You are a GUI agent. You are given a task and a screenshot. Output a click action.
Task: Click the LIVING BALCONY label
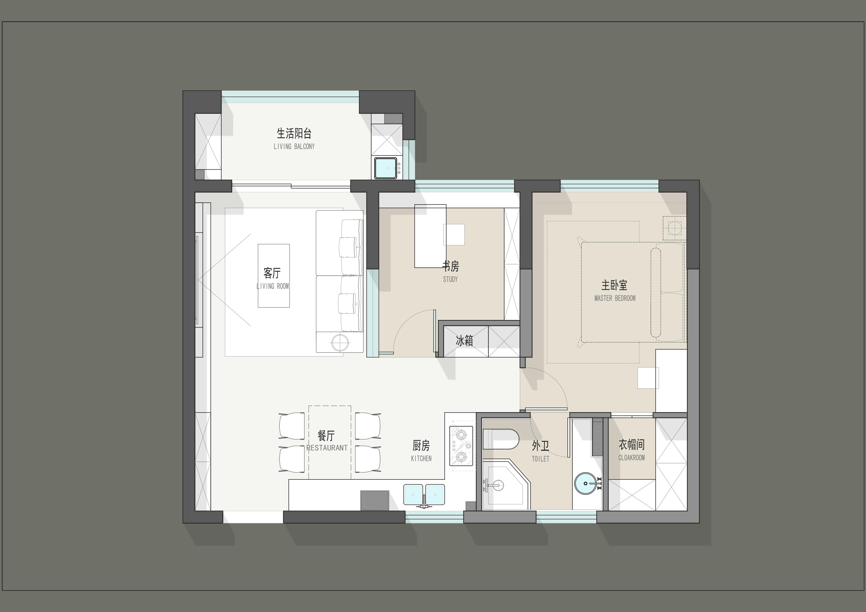(x=294, y=146)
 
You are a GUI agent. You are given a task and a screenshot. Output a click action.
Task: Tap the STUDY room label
(x=450, y=279)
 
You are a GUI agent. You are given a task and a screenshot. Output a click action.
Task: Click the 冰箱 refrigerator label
(x=464, y=341)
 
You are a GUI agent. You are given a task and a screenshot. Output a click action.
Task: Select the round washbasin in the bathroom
(x=586, y=483)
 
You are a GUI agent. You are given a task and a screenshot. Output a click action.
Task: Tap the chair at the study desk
(x=454, y=234)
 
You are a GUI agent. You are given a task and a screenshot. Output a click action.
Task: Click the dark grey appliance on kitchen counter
(x=374, y=500)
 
